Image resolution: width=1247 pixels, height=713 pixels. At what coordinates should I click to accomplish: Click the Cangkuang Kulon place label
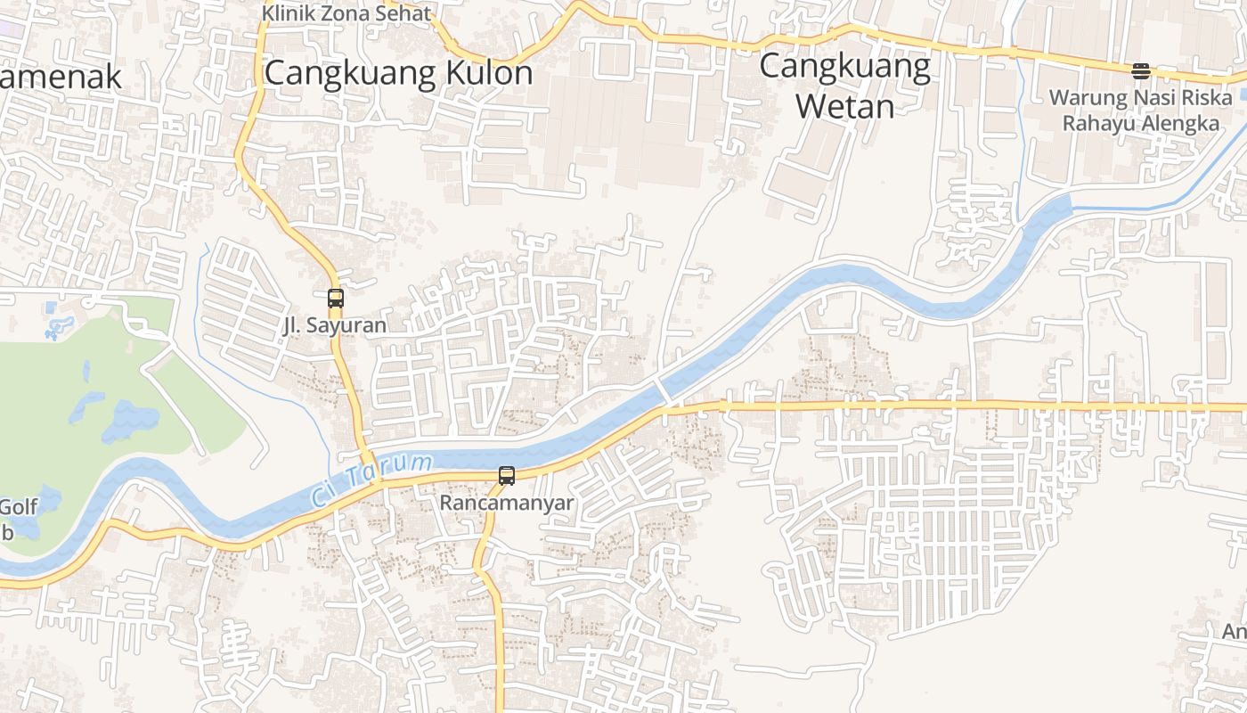(399, 73)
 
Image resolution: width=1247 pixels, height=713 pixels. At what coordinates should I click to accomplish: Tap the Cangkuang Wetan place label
(845, 86)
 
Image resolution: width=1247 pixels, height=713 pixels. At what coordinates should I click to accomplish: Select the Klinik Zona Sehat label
(346, 13)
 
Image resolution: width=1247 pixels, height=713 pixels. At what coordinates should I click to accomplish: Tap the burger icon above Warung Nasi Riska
(1141, 71)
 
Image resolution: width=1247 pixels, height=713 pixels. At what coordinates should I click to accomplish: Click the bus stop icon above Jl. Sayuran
(336, 299)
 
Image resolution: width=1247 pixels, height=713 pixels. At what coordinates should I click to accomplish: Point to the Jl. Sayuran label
(335, 325)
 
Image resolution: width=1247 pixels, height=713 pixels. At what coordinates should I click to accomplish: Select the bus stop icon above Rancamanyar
(507, 476)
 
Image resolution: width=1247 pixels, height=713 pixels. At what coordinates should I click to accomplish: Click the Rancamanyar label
(507, 503)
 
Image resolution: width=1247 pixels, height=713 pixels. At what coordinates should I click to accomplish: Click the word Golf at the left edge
(19, 507)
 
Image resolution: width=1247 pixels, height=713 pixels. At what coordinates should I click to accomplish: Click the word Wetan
(844, 107)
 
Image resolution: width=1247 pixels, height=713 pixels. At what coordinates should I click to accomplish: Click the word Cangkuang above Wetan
(845, 67)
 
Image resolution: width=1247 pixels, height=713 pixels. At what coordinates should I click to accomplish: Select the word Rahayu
(1095, 123)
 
